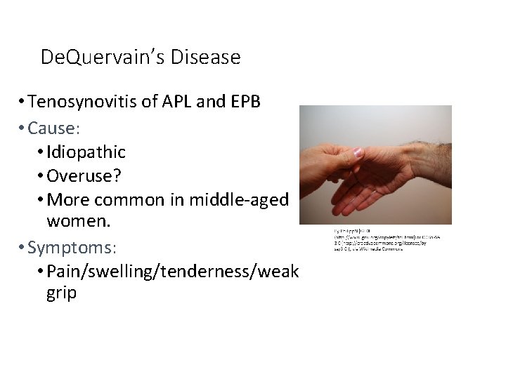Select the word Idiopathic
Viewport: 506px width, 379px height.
(86, 152)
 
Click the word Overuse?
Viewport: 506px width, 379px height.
(81, 175)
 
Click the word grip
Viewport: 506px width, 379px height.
(61, 293)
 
